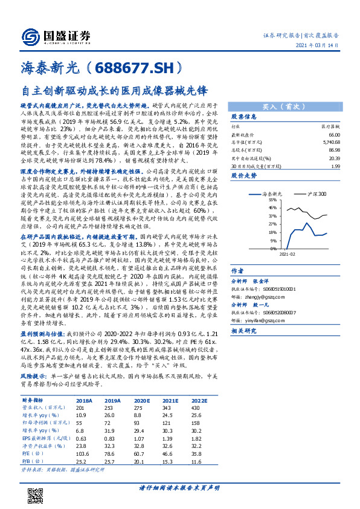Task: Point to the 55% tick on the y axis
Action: tap(256, 199)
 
